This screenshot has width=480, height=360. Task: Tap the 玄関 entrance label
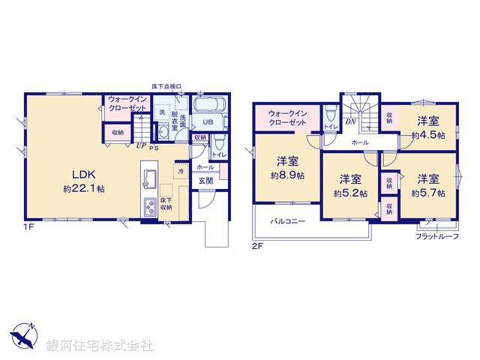pyautogui.click(x=205, y=180)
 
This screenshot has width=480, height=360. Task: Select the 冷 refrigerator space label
pyautogui.click(x=180, y=172)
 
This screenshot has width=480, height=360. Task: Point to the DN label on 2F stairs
pyautogui.click(x=349, y=121)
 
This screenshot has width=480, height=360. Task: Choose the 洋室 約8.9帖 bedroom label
pyautogui.click(x=288, y=167)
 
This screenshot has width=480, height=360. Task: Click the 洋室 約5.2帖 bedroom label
pyautogui.click(x=351, y=185)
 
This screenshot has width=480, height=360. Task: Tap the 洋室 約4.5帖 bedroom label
pyautogui.click(x=428, y=127)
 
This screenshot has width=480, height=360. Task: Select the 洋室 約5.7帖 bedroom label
pyautogui.click(x=428, y=185)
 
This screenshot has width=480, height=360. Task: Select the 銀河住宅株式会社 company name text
pyautogui.click(x=99, y=345)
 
